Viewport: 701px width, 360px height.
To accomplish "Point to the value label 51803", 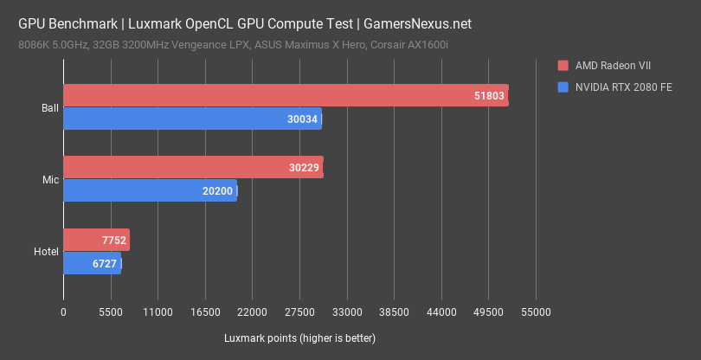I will (487, 96).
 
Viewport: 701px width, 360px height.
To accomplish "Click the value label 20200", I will (217, 190).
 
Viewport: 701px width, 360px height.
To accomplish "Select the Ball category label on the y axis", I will (50, 108).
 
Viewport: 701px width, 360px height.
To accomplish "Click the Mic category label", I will (51, 180).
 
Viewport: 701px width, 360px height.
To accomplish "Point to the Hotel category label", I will (47, 252).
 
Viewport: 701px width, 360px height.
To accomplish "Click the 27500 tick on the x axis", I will (299, 312).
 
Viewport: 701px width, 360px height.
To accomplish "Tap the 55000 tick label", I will (536, 312).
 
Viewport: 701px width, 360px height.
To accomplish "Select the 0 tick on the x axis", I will (63, 312).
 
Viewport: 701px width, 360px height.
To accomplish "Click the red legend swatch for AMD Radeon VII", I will (563, 65).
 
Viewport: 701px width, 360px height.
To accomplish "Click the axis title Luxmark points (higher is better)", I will (299, 337).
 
